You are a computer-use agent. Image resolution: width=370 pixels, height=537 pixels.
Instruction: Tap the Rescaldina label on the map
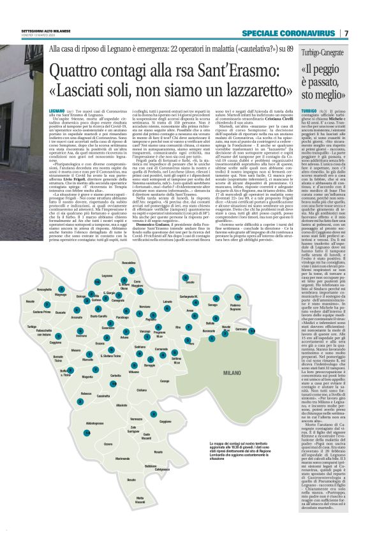[x=128, y=263]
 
